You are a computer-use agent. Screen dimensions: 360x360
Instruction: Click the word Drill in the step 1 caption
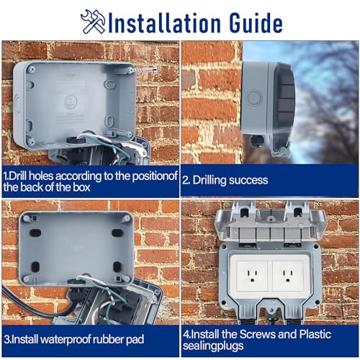point(21,176)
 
